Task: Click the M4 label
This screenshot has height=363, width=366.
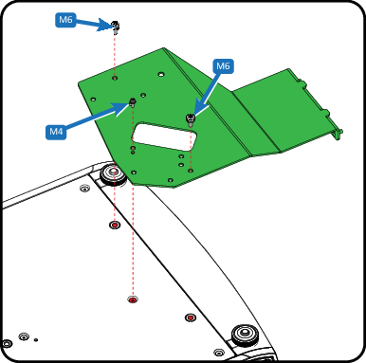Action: pos(56,132)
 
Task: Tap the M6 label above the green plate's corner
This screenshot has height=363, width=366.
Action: pos(65,20)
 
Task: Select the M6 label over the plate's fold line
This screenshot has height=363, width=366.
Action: pos(223,66)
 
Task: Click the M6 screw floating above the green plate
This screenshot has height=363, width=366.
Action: pos(116,27)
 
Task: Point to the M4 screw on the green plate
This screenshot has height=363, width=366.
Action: pos(133,102)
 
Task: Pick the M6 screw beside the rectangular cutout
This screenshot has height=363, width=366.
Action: pos(191,120)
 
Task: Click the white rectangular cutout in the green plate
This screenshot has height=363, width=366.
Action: pos(164,136)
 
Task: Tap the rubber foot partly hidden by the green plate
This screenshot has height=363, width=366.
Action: pos(113,174)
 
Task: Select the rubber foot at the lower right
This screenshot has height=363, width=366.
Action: pos(246,335)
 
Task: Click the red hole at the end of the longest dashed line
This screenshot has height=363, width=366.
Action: pos(133,299)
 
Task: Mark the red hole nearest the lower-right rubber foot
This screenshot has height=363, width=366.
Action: pos(190,318)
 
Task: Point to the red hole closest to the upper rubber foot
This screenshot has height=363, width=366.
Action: pos(115,225)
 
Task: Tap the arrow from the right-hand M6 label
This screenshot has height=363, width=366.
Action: pos(207,94)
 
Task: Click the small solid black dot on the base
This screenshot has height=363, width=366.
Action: pos(36,340)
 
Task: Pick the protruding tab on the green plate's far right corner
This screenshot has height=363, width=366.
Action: pos(339,134)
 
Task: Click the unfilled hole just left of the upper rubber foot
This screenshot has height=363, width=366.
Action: pos(84,189)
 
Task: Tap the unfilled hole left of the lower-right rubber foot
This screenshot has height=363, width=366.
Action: pos(219,353)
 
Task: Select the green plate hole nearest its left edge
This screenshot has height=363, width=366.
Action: pos(93,100)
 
